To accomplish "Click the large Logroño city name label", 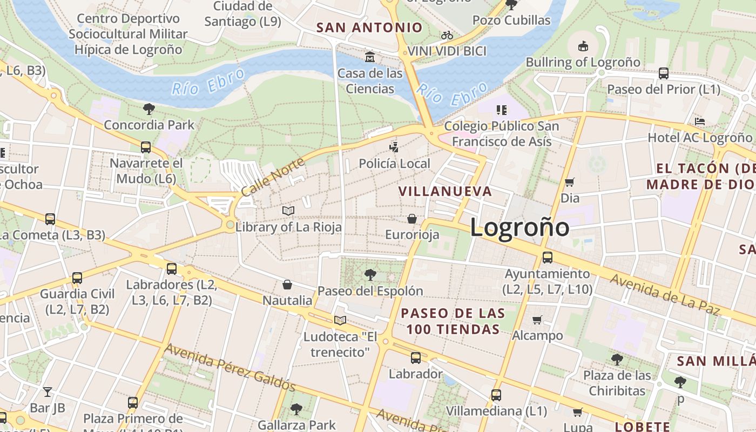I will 519,227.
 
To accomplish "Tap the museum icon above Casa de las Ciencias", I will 370,57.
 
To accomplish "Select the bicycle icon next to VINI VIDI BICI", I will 447,36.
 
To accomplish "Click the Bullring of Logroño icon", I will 583,46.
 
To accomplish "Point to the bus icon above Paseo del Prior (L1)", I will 663,73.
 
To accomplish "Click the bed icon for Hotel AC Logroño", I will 700,122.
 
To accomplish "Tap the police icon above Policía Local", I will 395,147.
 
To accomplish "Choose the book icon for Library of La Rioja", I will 288,211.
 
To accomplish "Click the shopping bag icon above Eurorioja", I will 412,219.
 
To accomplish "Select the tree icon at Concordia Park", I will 149,109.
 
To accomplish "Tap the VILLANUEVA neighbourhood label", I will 446,191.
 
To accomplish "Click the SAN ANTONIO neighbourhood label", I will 369,28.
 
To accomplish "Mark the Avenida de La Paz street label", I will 665,295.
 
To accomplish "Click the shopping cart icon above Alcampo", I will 537,320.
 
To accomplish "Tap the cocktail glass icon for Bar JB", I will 48,392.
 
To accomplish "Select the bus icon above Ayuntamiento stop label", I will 547,258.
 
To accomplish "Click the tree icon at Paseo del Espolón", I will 370,275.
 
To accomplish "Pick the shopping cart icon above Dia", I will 569,182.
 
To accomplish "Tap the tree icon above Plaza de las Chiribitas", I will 617,359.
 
